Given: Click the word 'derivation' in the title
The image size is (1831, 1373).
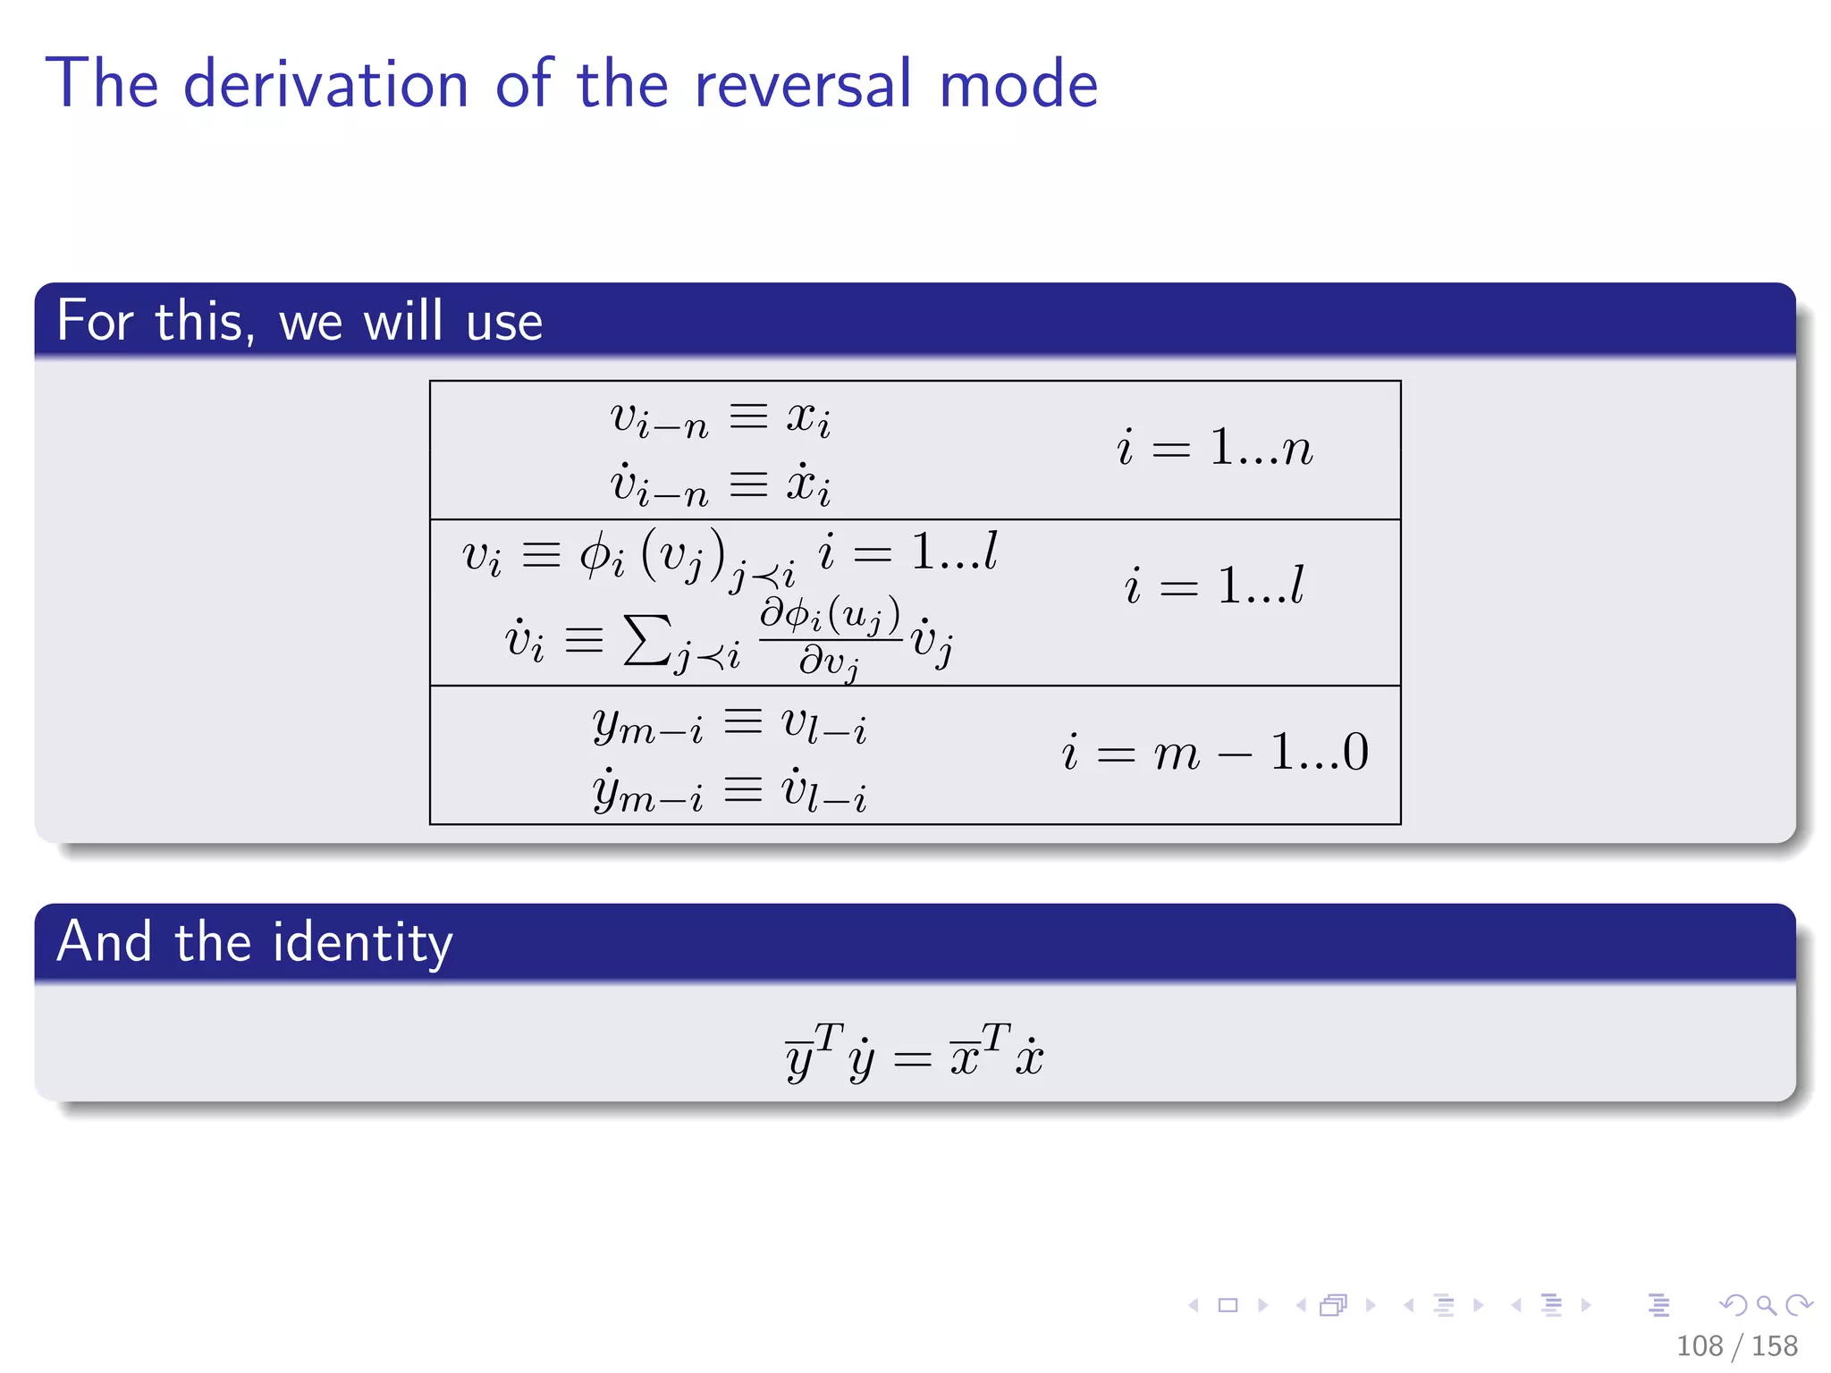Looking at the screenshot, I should [x=325, y=84].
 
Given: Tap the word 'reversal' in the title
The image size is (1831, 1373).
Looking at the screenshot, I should [x=803, y=84].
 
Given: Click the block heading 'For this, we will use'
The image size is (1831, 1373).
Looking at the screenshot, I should [x=300, y=321].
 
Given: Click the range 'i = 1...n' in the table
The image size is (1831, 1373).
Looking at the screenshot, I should [x=1214, y=447].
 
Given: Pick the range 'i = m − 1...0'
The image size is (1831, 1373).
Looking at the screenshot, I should [x=1214, y=752].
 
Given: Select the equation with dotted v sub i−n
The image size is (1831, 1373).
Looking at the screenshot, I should [x=721, y=484].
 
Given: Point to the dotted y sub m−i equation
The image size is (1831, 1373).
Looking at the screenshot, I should [x=729, y=791].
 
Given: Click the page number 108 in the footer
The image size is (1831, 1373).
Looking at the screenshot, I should [x=1699, y=1346].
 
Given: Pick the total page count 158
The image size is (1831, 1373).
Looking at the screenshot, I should [x=1774, y=1346].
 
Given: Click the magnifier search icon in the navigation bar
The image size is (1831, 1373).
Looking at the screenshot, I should [x=1766, y=1306].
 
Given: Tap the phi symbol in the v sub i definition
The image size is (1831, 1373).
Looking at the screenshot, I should [x=595, y=557].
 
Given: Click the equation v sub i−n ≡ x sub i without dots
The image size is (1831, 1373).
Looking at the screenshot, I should [x=721, y=417].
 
